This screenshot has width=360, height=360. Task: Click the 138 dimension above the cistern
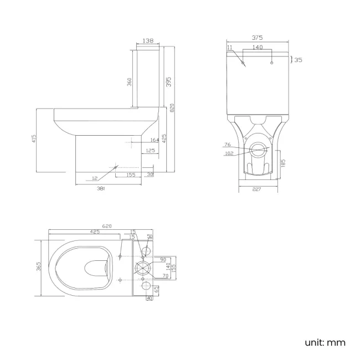coord(148,41)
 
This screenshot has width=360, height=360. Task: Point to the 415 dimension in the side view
coord(34,138)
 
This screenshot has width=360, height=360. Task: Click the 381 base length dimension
coord(101,188)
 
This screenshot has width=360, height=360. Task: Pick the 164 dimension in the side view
coord(154,141)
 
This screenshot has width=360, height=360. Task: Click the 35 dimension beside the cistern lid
coord(298,60)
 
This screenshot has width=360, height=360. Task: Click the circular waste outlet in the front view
coord(257,148)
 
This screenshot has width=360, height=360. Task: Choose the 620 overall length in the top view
coord(107,227)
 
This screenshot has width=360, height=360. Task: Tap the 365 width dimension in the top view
coord(39,268)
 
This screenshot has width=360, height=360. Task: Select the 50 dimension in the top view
coord(149,237)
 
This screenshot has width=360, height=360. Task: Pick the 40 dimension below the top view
coord(149,299)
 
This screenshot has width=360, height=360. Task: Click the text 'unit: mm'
coord(325,342)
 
